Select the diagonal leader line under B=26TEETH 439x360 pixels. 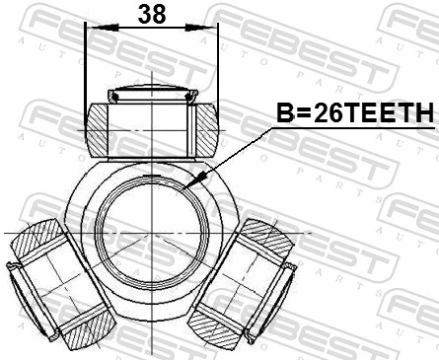click(x=237, y=153)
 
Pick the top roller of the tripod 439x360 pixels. click(x=151, y=123)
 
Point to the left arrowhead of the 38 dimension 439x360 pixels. click(x=92, y=29)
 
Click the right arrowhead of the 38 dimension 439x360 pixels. click(x=210, y=29)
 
